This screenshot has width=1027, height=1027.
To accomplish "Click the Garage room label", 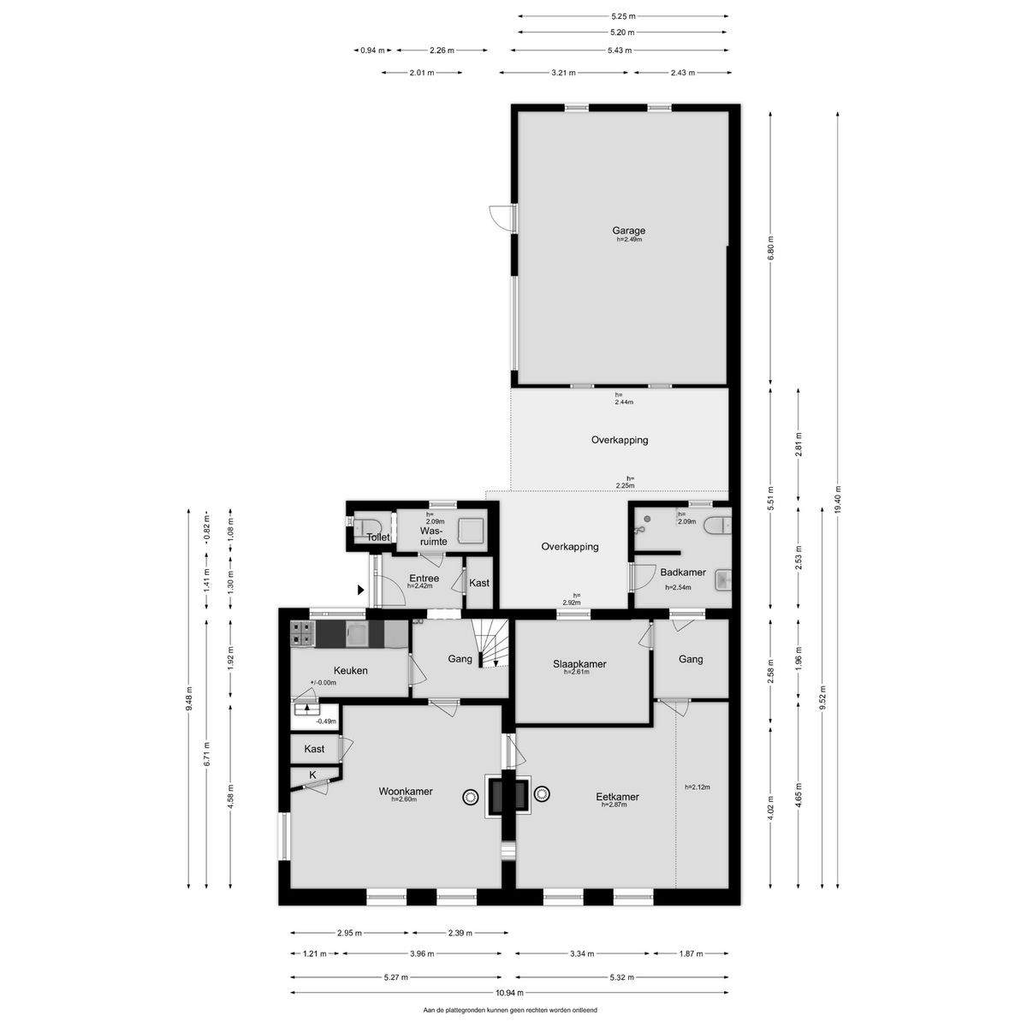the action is pyautogui.click(x=628, y=231).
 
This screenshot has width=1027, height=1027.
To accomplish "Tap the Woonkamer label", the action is pyautogui.click(x=406, y=792).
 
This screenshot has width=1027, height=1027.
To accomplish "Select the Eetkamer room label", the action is pyautogui.click(x=617, y=797).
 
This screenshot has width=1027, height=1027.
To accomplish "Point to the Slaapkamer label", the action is pyautogui.click(x=579, y=664).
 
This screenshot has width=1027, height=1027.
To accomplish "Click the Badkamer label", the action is pyautogui.click(x=683, y=573).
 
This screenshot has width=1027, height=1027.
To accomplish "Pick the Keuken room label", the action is pyautogui.click(x=351, y=670).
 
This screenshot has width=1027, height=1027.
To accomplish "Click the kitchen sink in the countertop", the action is pyautogui.click(x=356, y=633).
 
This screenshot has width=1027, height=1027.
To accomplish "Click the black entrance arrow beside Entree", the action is pyautogui.click(x=361, y=590).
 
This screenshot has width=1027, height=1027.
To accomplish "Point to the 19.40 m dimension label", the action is pyautogui.click(x=837, y=499).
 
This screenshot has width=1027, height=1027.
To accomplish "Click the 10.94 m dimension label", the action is pyautogui.click(x=509, y=993).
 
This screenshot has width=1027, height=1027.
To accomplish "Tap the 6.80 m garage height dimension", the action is pyautogui.click(x=770, y=248).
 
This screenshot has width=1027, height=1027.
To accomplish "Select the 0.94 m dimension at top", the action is pyautogui.click(x=372, y=50).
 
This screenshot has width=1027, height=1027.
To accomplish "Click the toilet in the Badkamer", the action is pyautogui.click(x=717, y=526).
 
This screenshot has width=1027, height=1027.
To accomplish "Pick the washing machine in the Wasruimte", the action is pyautogui.click(x=472, y=531).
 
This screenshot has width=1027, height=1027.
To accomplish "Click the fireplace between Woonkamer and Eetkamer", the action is pyautogui.click(x=508, y=796).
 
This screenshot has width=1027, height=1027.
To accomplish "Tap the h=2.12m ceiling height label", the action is pyautogui.click(x=698, y=787).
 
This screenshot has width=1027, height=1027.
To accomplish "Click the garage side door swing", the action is pyautogui.click(x=501, y=217).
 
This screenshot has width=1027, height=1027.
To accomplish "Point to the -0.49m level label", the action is pyautogui.click(x=325, y=721).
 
